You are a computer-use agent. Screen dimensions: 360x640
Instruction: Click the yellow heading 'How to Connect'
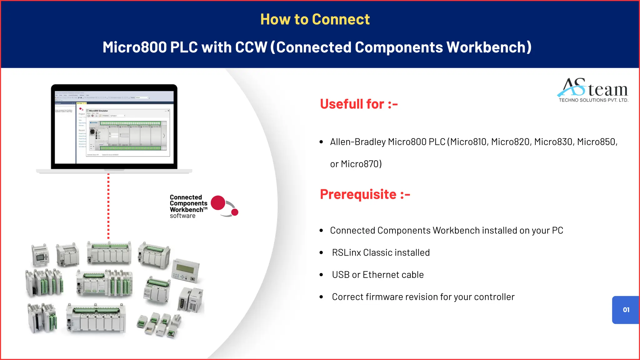315,19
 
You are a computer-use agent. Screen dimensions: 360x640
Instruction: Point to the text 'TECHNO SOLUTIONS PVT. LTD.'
593,100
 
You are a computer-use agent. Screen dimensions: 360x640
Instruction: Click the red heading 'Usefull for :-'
359,104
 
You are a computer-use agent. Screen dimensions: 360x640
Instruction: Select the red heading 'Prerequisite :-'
365,194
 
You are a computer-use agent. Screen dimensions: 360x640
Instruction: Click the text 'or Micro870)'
356,164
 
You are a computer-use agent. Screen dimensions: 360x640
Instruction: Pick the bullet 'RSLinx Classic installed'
381,252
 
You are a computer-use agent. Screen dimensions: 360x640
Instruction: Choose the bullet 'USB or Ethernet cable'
377,275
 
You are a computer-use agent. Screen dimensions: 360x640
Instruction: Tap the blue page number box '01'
626,310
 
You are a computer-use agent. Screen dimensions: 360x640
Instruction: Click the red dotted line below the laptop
108,206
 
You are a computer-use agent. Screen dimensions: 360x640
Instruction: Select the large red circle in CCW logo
218,203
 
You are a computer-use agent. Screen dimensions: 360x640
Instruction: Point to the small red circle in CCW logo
235,212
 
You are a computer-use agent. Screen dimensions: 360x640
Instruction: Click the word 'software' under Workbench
182,216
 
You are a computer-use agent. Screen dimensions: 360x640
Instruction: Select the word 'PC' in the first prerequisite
557,231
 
